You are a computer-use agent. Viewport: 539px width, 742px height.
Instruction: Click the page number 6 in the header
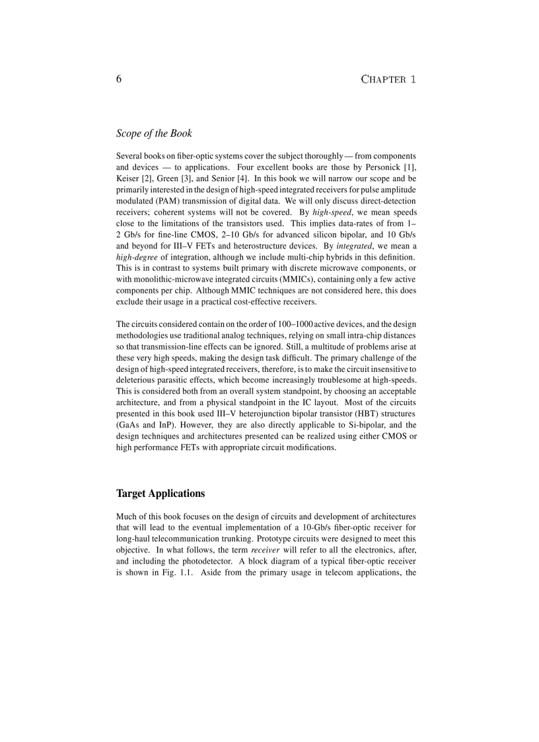click(x=119, y=79)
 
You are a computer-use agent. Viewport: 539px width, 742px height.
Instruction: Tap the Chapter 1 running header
click(x=388, y=79)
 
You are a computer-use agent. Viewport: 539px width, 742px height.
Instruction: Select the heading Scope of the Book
click(x=154, y=133)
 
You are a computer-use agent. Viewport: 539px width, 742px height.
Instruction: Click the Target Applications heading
click(x=161, y=494)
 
